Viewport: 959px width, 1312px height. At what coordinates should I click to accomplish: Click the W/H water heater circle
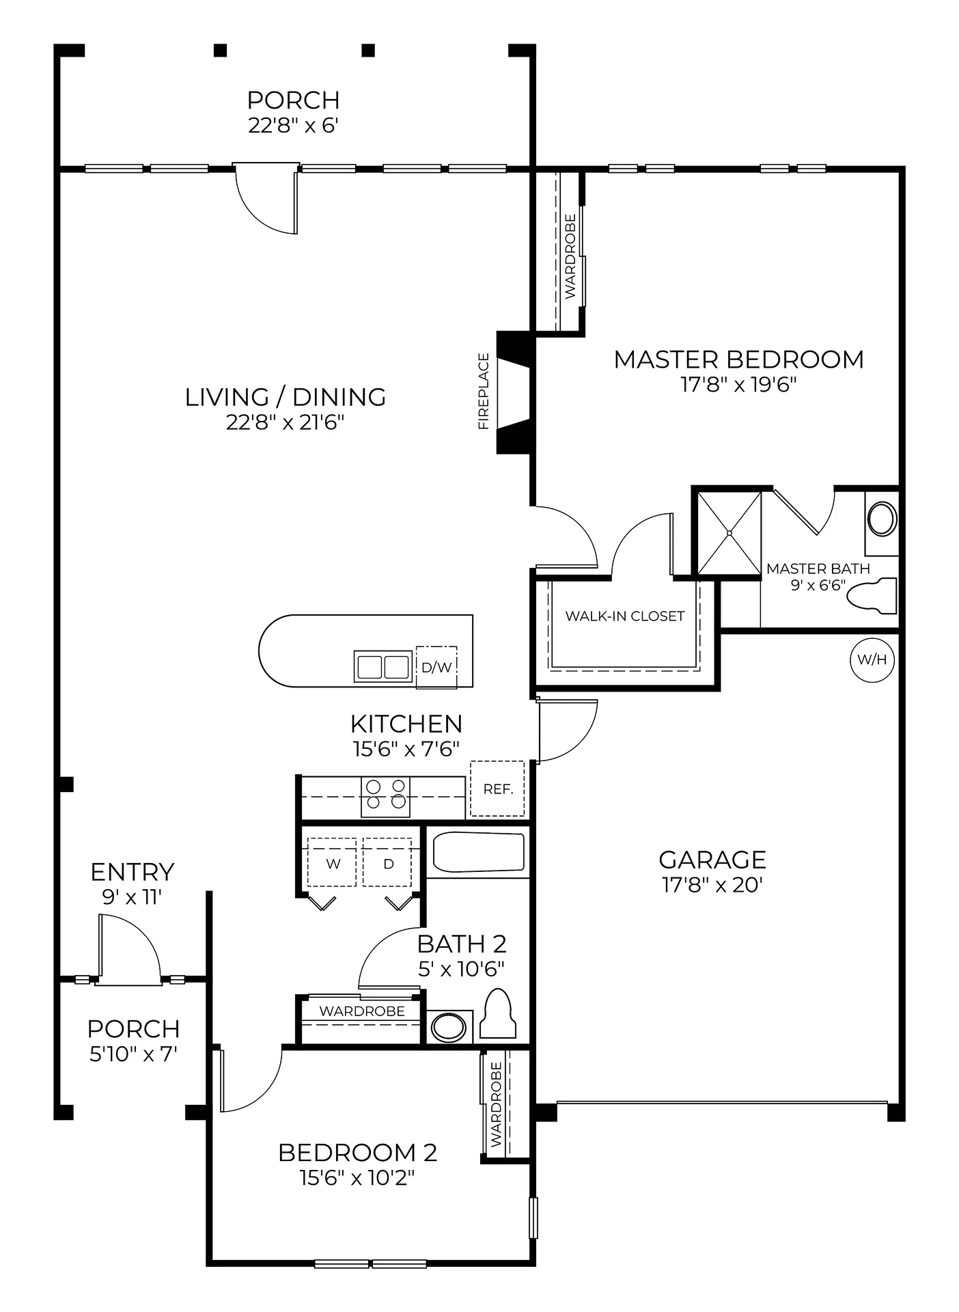[872, 660]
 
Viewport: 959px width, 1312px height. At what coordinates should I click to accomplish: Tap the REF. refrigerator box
[497, 789]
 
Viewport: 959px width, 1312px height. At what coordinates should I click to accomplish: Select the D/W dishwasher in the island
[436, 667]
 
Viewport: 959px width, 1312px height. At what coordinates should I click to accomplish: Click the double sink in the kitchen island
[383, 666]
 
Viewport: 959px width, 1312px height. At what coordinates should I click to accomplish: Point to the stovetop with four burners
[386, 797]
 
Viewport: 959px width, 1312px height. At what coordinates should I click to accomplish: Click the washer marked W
[333, 862]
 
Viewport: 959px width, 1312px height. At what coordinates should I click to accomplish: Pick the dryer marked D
[387, 862]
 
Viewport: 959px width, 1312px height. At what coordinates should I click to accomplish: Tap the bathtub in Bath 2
[479, 852]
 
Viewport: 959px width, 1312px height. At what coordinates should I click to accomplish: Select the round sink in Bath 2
[449, 1027]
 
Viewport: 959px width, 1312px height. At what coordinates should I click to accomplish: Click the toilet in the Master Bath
[872, 595]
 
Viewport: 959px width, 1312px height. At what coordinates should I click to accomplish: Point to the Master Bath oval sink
[882, 519]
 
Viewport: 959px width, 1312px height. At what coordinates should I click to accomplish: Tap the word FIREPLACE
[484, 392]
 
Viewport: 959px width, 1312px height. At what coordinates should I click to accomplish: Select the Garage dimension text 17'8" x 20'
[712, 885]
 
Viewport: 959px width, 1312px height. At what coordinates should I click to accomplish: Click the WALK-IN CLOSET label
[624, 616]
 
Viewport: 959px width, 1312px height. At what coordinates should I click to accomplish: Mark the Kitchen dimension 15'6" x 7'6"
[406, 749]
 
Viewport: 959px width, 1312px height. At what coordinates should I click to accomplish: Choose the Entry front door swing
[129, 950]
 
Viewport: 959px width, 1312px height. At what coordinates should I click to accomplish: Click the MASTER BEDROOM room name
[739, 359]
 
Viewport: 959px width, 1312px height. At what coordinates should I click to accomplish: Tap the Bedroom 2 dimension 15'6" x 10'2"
[357, 1178]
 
